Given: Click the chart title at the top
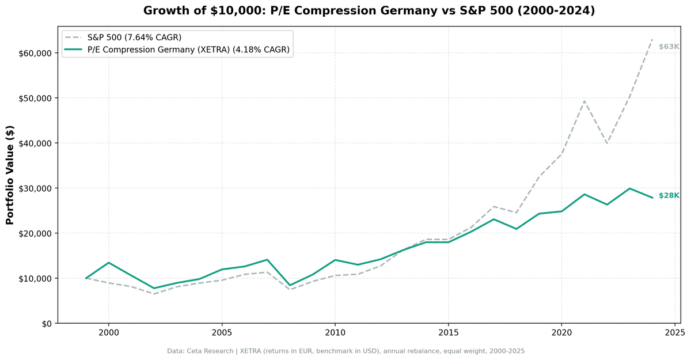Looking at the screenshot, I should click(x=369, y=10).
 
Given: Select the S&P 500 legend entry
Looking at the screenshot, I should click(x=134, y=37).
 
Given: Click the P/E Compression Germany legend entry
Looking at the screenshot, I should click(x=188, y=50).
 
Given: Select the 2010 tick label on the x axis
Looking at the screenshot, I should click(x=335, y=333).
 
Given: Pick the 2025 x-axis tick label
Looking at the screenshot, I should click(x=674, y=333).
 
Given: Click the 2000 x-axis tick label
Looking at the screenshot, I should click(x=109, y=333).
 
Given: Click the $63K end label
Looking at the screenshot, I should click(x=669, y=47).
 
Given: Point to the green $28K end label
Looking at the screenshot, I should click(x=669, y=196).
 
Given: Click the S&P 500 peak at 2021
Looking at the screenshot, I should click(x=584, y=101).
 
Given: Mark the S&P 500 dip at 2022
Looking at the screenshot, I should click(x=606, y=143).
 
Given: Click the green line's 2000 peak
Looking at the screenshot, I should click(x=109, y=263).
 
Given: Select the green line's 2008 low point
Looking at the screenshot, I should click(x=290, y=285).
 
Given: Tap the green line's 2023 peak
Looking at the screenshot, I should click(x=629, y=188).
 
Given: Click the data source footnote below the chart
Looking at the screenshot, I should click(x=345, y=351).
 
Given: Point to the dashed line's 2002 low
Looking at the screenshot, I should click(x=154, y=294).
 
